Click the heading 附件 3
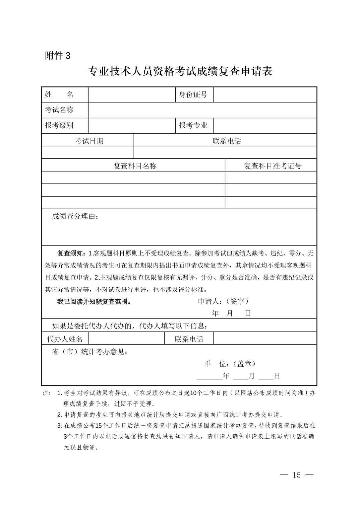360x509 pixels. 58,56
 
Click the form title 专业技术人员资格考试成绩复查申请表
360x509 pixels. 180,71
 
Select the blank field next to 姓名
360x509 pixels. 132,94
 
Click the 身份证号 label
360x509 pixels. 193,94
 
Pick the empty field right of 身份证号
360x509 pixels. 265,94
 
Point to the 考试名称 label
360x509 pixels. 59,110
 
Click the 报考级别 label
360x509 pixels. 59,126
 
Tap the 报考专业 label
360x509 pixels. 193,126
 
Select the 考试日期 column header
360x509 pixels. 89,141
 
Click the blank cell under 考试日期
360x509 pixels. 87,152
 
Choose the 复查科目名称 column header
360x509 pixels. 135,166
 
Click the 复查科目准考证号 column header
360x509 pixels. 273,166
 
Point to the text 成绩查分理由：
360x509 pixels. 75,216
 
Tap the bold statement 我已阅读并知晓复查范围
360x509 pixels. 94,302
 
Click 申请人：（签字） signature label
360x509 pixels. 224,301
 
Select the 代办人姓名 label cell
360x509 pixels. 65,339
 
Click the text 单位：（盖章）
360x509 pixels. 230,364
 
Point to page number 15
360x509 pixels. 297,475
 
